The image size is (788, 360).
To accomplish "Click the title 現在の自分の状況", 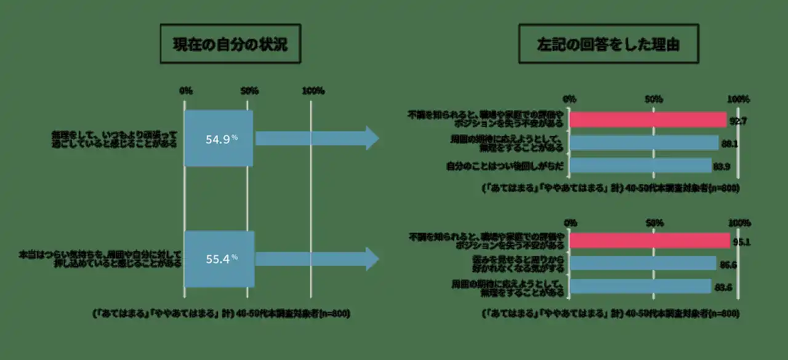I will coord(230,45).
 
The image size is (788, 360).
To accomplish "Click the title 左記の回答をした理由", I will coord(608,45).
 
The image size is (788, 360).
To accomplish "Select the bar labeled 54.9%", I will coord(219,138).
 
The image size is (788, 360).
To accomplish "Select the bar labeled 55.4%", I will coord(219,258).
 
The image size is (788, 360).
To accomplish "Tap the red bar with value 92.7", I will coord(648,119).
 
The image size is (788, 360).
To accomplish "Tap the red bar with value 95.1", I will coord(649,241).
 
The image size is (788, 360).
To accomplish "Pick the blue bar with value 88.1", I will coord(644,143).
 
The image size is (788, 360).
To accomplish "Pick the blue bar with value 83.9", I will coord(640,166).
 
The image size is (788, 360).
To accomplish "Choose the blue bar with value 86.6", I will coord(643,263).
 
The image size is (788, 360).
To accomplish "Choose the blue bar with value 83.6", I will coord(640,286).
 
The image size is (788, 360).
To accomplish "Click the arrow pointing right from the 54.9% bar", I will coord(318,138).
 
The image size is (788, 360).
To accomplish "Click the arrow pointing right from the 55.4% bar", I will coord(318,259).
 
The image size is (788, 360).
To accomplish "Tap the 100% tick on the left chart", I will coord(313,91).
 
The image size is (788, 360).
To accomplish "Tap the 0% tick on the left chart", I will coord(185,91).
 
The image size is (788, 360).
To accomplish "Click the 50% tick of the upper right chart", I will coord(653,99).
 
